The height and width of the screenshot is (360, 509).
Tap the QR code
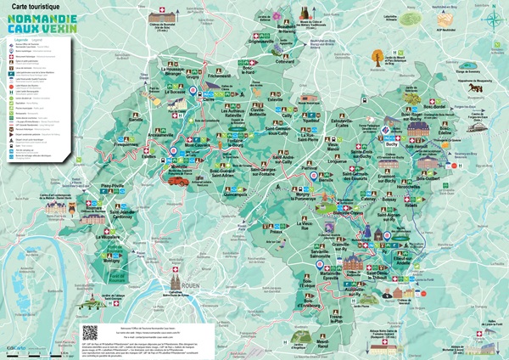91,330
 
